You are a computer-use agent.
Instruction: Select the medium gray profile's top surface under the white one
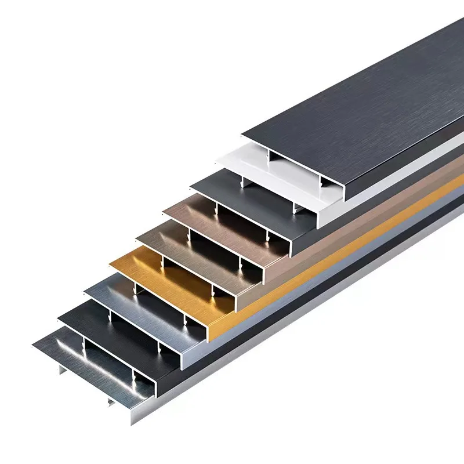coord(215,183)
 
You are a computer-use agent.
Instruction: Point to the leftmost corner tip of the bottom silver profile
coord(34,347)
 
